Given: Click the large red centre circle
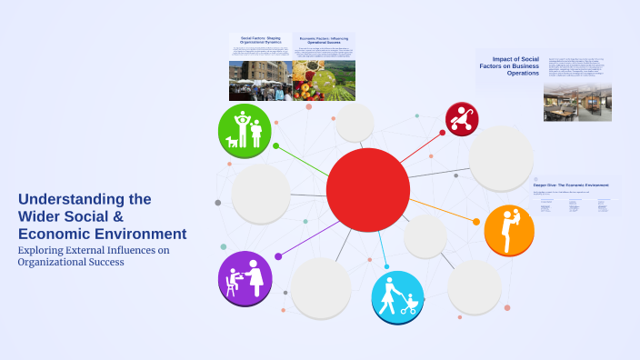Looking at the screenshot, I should pyautogui.click(x=367, y=189).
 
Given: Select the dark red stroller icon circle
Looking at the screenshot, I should pyautogui.click(x=462, y=118).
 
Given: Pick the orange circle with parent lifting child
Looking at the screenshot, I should pyautogui.click(x=508, y=229).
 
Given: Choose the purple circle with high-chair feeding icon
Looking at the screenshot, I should pyautogui.click(x=245, y=277).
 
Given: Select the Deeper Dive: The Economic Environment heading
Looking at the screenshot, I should pyautogui.click(x=571, y=185).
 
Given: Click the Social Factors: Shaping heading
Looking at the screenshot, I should pyautogui.click(x=260, y=39).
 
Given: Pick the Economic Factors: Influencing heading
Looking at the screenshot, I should pyautogui.click(x=324, y=39).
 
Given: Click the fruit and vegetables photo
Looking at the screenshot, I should pyautogui.click(x=324, y=81).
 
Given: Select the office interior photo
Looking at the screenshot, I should pyautogui.click(x=577, y=103).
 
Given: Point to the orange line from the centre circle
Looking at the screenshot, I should pyautogui.click(x=442, y=211).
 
